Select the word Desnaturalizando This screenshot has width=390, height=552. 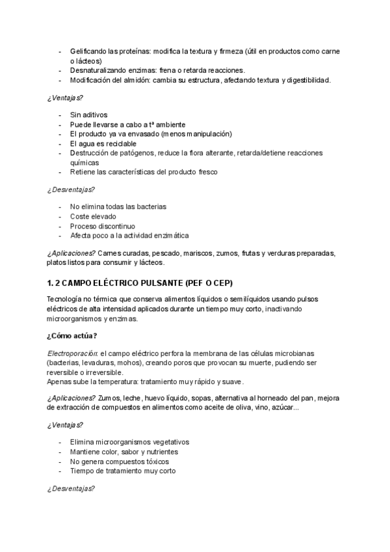coord(99,70)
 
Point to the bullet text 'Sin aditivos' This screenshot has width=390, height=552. coord(89,115)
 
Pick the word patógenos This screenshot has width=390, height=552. coord(141,153)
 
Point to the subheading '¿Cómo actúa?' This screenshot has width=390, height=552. coord(72,335)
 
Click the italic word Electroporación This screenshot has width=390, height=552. coord(72,352)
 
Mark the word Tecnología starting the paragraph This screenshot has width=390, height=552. coord(66,299)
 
